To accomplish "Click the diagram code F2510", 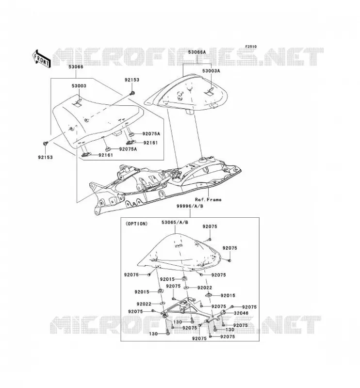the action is coord(251,47).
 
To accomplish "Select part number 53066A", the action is coord(197,52).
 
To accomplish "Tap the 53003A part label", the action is coord(211,71).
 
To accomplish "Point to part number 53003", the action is coord(79,86).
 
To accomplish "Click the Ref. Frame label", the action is coord(208,199).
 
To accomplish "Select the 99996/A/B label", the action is coord(190,206).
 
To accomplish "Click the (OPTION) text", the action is coord(136,224).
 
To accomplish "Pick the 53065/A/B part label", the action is coord(175,222).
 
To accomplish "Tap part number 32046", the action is coord(241,313).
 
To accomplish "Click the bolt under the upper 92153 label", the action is coord(132,93).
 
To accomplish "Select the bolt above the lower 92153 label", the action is coord(46,143).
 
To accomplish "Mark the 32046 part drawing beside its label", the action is coord(223,312).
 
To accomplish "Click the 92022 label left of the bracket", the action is coord(144,304).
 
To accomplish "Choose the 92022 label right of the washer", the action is coord(205,288).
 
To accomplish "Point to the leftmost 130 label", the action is coord(153,334).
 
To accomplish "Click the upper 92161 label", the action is coord(150,143).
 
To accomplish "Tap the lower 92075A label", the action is coord(128,149).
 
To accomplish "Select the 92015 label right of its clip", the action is coord(228,295).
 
